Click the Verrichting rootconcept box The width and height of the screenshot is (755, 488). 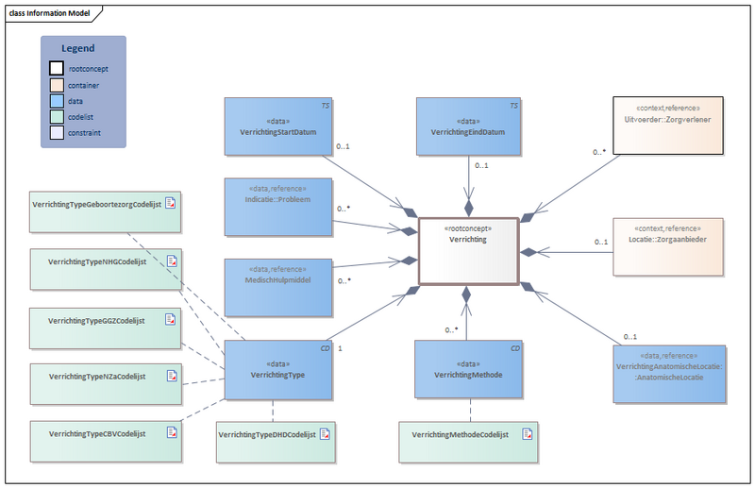coord(468,251)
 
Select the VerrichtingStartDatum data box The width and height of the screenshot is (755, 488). coord(278,126)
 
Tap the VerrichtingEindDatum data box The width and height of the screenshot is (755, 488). coord(468,126)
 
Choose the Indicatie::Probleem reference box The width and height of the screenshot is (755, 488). coord(278,205)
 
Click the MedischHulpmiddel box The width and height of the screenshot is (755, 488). coord(278,286)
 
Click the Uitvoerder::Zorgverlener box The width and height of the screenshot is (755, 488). coord(668,125)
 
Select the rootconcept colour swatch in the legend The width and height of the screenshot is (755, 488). coord(57,69)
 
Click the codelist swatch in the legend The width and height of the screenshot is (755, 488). coord(57,117)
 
